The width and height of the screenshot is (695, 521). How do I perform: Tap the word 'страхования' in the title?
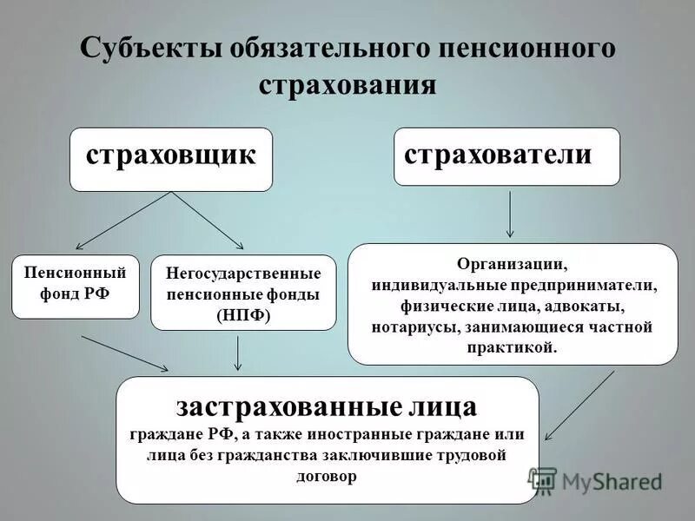click(x=347, y=85)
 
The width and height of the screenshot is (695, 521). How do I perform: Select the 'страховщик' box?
click(x=171, y=159)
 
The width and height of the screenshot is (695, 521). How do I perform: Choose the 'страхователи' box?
click(x=506, y=156)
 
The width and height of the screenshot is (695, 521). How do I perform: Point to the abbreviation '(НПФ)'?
click(x=243, y=315)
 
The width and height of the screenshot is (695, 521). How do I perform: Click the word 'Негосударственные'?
click(x=243, y=274)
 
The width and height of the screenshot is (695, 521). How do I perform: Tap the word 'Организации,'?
click(x=513, y=263)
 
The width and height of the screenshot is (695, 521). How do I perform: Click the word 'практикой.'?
click(x=512, y=348)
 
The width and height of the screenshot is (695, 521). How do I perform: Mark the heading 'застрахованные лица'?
click(x=327, y=406)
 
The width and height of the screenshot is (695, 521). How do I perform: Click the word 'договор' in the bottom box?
click(x=327, y=477)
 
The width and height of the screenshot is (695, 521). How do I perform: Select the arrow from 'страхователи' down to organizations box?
click(x=510, y=214)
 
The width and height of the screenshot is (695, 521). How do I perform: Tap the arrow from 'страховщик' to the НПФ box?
click(x=208, y=221)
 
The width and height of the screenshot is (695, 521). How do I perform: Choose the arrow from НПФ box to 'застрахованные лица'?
click(x=238, y=353)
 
